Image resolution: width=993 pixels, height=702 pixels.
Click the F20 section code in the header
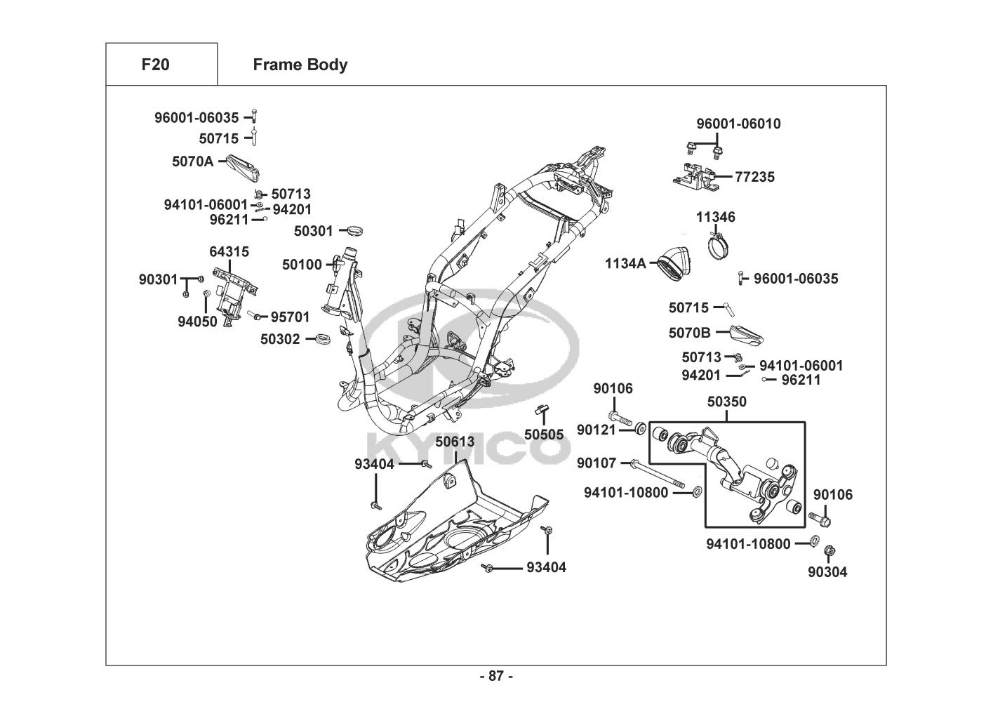155,65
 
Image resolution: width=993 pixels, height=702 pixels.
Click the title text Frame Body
300,65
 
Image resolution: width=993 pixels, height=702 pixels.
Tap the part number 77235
755,177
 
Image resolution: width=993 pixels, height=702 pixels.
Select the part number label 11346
716,217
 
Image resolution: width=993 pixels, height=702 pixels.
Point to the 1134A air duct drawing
674,265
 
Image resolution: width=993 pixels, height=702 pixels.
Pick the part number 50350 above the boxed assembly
726,402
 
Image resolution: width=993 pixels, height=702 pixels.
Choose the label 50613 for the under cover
455,442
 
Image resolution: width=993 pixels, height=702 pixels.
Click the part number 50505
544,435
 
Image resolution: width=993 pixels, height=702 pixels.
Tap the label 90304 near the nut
827,572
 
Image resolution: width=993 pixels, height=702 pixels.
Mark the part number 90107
597,463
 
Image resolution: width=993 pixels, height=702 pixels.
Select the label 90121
597,429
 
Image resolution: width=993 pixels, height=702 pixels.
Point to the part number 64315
229,251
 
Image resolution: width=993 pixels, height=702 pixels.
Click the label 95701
291,317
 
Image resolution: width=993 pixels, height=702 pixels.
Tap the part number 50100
302,265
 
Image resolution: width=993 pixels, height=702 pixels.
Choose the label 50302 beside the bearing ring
280,339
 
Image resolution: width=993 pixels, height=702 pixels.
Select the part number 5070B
689,332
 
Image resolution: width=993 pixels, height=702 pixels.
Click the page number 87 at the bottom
496,676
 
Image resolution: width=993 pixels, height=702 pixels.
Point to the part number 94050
197,322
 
